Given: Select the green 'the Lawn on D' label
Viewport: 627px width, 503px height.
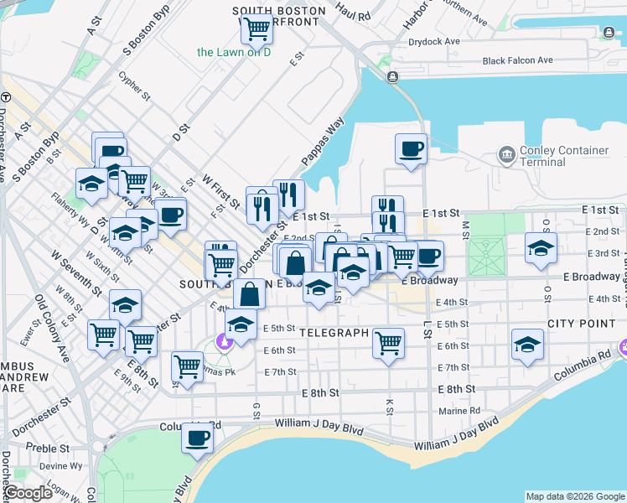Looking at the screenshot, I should pos(235,52).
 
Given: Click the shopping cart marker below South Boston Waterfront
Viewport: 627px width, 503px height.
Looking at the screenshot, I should pos(256,29).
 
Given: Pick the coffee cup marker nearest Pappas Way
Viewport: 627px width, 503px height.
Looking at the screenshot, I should pos(411,149).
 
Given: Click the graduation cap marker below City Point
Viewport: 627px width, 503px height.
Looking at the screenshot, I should pos(526,345).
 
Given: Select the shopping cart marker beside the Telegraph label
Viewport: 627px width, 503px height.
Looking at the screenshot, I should pos(388,342).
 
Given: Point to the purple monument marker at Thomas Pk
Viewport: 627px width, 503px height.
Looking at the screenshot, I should pos(224,342).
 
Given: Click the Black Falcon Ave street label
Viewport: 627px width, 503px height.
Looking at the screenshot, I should pos(517,60).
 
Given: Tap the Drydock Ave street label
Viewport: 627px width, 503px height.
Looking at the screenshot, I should pos(433,41).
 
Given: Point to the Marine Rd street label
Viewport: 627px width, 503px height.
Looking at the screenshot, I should pos(459,411).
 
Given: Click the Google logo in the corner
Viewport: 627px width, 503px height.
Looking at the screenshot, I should pos(29,493).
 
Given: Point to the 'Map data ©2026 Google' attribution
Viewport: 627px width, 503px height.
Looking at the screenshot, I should pos(575,496).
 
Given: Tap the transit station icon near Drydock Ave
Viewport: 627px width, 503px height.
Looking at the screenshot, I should pos(391,77).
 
